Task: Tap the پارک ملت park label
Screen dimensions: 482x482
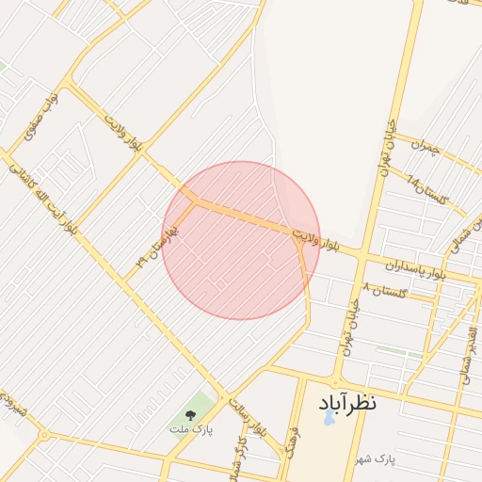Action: [x=191, y=429]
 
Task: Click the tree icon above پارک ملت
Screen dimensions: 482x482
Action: [x=191, y=414]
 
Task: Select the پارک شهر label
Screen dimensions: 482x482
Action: [x=373, y=458]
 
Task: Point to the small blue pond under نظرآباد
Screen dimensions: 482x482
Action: [x=328, y=419]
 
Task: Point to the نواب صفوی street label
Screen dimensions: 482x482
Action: [x=40, y=115]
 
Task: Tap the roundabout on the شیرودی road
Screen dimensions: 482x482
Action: [x=44, y=435]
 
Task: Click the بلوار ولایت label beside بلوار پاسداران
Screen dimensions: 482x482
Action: [x=314, y=238]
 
